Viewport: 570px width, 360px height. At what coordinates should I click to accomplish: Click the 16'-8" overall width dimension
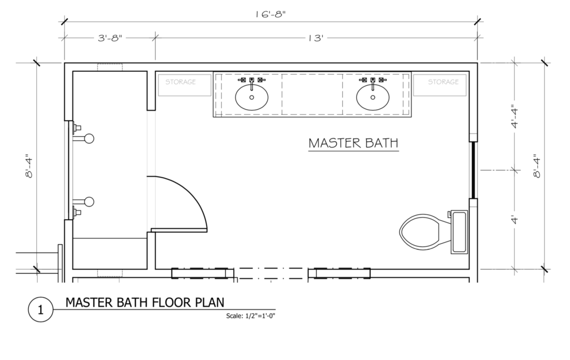pyautogui.click(x=270, y=14)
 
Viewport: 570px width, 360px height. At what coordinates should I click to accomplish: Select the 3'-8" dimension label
pyautogui.click(x=110, y=38)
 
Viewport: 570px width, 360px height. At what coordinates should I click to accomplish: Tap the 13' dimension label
pyautogui.click(x=316, y=38)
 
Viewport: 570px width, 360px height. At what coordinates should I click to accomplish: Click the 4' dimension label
pyautogui.click(x=515, y=220)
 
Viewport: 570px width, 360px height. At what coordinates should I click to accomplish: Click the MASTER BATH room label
pyautogui.click(x=353, y=143)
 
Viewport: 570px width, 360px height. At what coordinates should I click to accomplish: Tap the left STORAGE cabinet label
pyautogui.click(x=181, y=82)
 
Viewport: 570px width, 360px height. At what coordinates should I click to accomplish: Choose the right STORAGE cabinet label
pyautogui.click(x=443, y=82)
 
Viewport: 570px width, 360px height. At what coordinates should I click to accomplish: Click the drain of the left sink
pyautogui.click(x=252, y=97)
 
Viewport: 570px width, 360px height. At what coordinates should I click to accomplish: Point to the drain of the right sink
pyautogui.click(x=372, y=97)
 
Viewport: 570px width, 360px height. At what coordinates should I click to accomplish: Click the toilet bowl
pyautogui.click(x=422, y=231)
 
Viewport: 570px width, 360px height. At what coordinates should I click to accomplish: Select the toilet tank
pyautogui.click(x=459, y=232)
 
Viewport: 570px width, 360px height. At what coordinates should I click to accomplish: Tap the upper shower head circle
pyautogui.click(x=89, y=139)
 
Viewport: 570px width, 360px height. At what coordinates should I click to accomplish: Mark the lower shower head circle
pyautogui.click(x=89, y=201)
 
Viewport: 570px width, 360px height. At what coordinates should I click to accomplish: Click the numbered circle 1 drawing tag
pyautogui.click(x=40, y=310)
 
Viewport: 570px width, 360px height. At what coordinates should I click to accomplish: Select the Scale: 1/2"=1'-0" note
pyautogui.click(x=250, y=315)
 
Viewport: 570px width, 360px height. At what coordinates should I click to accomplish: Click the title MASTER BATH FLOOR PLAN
pyautogui.click(x=145, y=302)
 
